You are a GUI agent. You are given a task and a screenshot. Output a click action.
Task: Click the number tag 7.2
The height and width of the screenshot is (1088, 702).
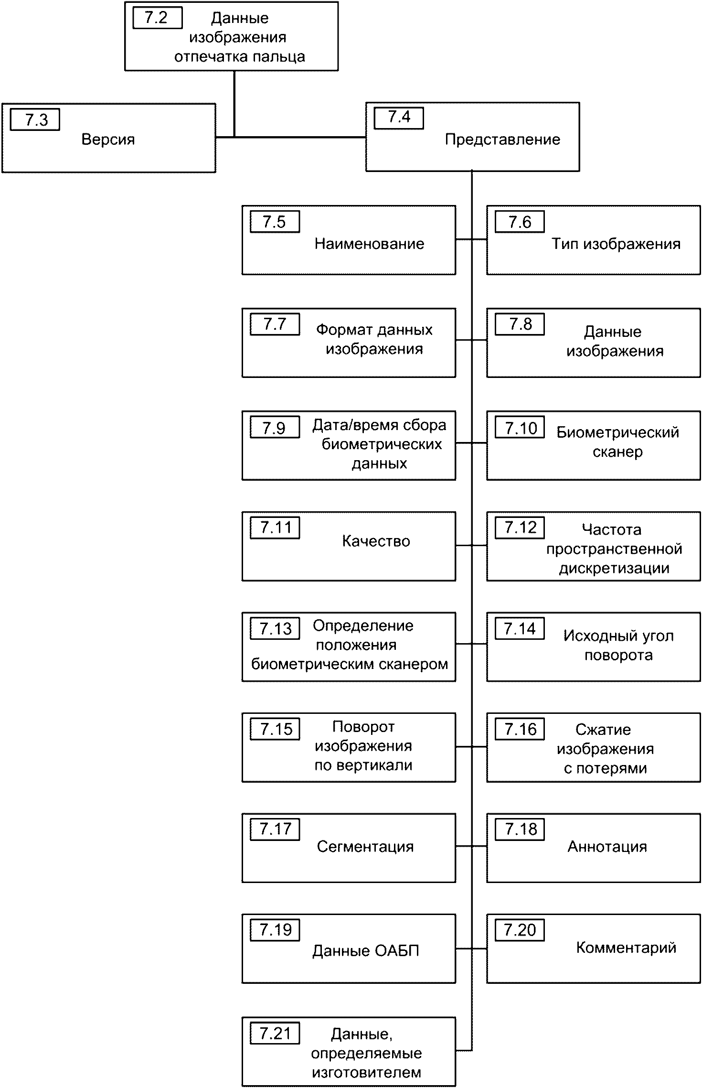point(157,18)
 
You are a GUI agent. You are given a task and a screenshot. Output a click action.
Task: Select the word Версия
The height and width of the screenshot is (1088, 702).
point(108,140)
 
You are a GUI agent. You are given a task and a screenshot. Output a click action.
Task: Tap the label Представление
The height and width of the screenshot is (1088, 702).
point(502,140)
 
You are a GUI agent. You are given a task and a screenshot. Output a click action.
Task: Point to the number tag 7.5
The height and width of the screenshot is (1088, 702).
point(275,222)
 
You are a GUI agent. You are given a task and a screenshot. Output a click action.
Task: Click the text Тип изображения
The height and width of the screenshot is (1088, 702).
point(616,244)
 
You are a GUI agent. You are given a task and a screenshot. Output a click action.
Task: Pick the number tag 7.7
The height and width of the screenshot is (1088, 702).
point(275,324)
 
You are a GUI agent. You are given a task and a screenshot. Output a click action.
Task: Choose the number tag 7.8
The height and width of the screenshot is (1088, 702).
point(520,324)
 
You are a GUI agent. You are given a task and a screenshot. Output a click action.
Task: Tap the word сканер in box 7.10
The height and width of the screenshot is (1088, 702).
point(617,452)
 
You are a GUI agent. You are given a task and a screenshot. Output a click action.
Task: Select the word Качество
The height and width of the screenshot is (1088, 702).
point(376,541)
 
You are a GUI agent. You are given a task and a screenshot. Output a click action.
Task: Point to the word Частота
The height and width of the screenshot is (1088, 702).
point(612,529)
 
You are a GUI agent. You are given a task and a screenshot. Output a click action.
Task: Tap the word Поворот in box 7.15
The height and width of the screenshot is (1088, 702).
point(363,727)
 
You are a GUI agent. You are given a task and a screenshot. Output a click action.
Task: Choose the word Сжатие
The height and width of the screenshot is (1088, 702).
point(603,730)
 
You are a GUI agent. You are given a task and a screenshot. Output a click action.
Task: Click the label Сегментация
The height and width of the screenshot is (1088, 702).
point(365,847)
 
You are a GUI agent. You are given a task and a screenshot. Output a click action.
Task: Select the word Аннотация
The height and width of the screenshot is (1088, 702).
point(607,847)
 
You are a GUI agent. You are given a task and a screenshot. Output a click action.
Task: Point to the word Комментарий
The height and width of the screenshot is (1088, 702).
point(626,948)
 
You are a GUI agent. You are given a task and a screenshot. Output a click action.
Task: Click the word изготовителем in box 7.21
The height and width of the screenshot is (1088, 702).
point(367,1073)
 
